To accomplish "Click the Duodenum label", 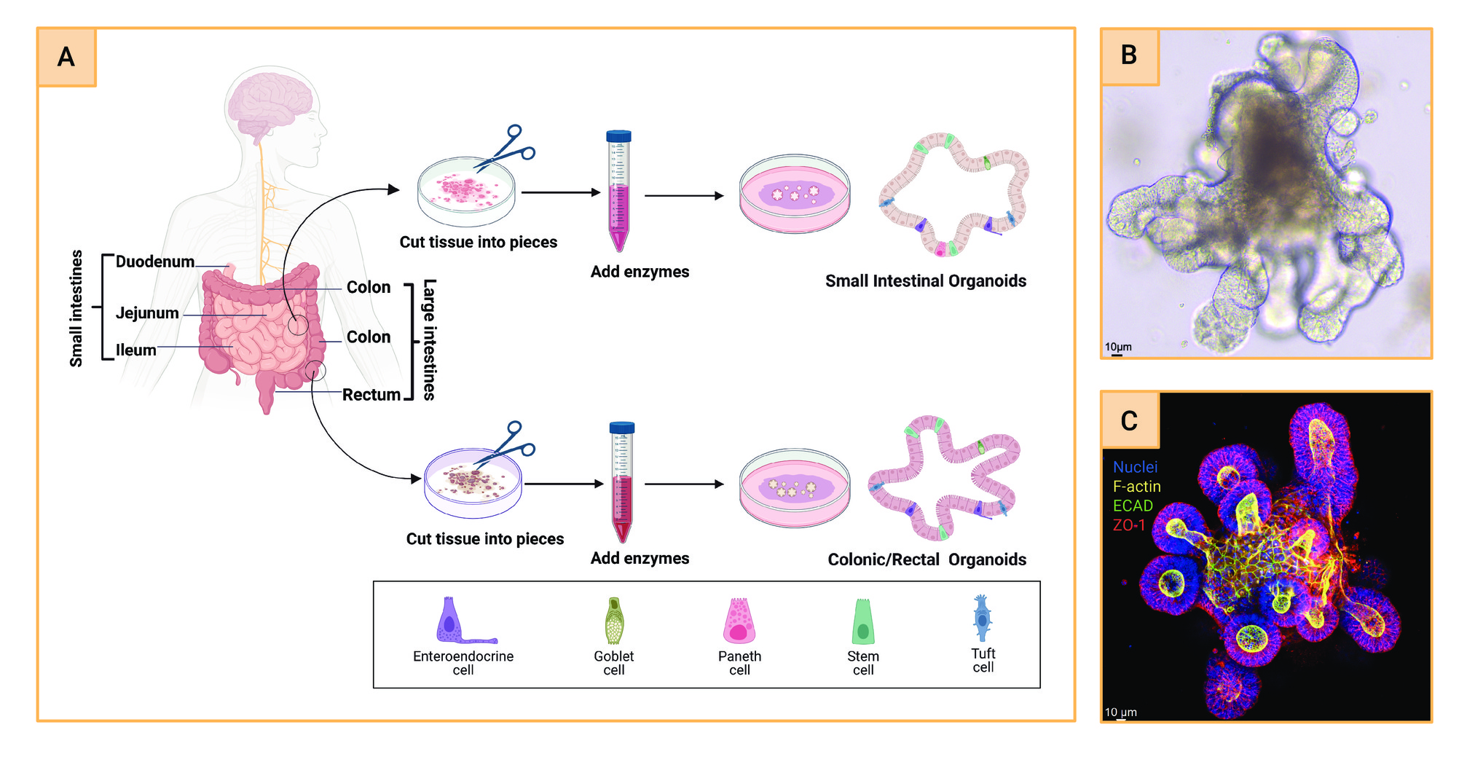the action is pos(155,262).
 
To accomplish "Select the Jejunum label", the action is pos(147,313).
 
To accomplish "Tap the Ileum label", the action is pos(135,350).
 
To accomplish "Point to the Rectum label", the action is pos(371,395).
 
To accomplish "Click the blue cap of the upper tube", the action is pos(618,136).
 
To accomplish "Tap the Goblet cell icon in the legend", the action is pos(615,621).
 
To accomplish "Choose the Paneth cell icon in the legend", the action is pos(739,621).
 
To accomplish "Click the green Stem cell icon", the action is pos(863,621).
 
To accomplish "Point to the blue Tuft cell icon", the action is pos(983,618).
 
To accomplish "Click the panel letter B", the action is pos(1129,55).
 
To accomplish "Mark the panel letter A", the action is pos(66,57).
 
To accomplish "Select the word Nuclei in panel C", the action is pos(1135,467).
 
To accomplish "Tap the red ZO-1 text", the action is pos(1128,525).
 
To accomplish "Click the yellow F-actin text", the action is pos(1136,486).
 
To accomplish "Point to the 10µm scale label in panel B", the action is pos(1118,347).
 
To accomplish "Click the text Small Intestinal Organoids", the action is pos(926,281).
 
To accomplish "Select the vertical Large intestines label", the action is pos(430,339).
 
